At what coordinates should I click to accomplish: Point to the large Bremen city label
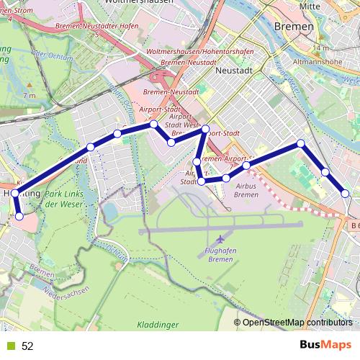[294, 27]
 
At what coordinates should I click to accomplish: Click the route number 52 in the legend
[27, 346]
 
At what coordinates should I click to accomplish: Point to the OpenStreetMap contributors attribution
[297, 323]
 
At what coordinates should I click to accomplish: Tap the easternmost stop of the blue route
[346, 194]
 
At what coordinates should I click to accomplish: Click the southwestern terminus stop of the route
[19, 215]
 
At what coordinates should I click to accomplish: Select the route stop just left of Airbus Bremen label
[226, 178]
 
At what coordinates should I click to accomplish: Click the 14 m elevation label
[321, 48]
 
